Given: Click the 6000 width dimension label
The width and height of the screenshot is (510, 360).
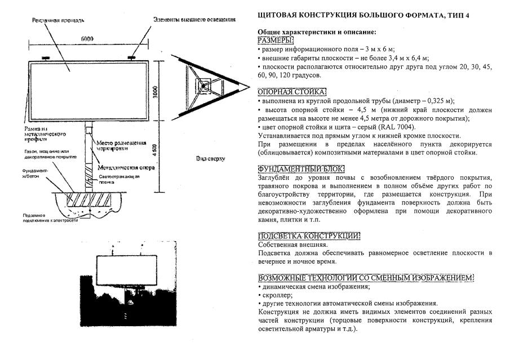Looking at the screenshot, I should point(86,39).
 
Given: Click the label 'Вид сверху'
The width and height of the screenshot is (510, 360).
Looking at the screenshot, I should point(211,159).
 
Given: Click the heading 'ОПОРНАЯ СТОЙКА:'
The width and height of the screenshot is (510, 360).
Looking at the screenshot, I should point(291,92).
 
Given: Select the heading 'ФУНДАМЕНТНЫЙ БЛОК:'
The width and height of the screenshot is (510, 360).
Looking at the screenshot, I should point(301,169).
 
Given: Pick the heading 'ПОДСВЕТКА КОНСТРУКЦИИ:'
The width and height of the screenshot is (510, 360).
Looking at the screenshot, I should point(308,236).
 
